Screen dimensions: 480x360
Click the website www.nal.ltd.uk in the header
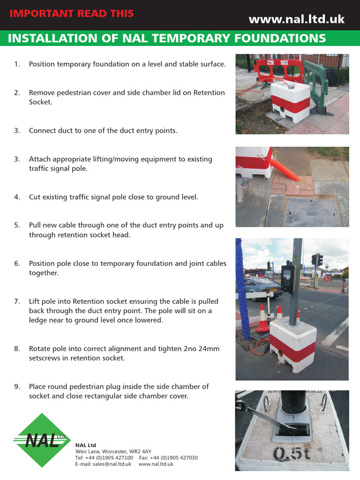pyautogui.click(x=296, y=19)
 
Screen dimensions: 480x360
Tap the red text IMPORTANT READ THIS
pyautogui.click(x=72, y=13)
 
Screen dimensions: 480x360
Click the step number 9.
pyautogui.click(x=17, y=387)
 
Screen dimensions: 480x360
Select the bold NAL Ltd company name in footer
pyautogui.click(x=85, y=445)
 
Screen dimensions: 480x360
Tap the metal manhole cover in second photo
pyautogui.click(x=314, y=211)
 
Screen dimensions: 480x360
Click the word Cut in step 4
pyautogui.click(x=35, y=197)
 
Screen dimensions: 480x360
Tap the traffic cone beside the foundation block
pyautogui.click(x=263, y=318)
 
